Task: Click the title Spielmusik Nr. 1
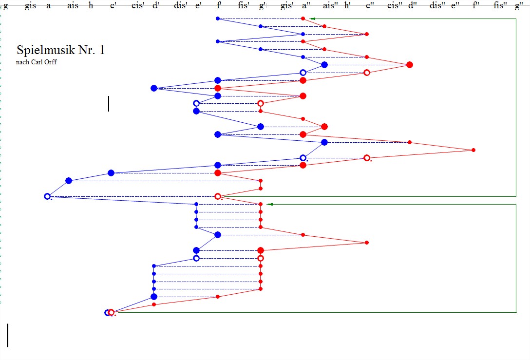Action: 60,50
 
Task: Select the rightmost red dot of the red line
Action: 473,150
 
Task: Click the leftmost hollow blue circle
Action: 47,196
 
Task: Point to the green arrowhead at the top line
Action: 313,19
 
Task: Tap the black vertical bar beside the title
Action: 109,103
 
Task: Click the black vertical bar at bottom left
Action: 8,335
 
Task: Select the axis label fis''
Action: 499,5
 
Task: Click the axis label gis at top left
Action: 30,5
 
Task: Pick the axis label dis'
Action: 181,5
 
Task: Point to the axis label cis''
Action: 395,5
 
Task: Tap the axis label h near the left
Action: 91,5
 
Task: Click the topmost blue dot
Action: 218,19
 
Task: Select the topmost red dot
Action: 303,19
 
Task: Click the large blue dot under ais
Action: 69,181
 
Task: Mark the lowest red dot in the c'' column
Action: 367,243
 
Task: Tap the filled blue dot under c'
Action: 111,173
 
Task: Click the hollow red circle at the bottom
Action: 112,312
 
